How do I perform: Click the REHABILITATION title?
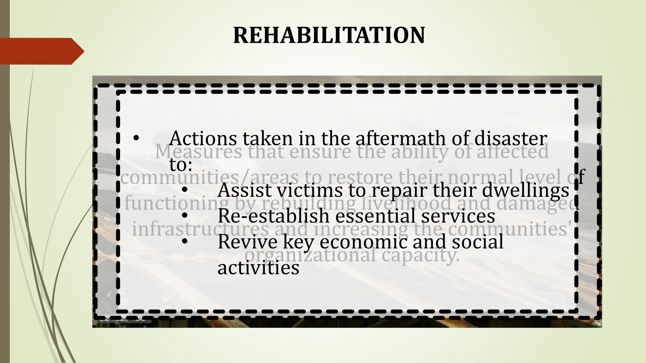329,35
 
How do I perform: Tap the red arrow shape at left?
41,51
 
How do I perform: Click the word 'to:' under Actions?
181,164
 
